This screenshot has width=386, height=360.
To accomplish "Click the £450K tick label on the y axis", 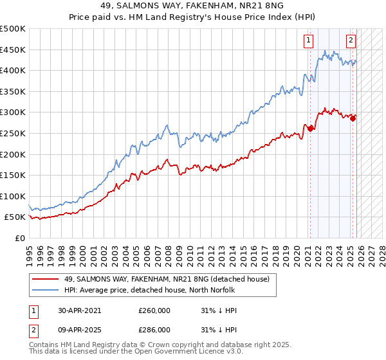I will tap(12, 50).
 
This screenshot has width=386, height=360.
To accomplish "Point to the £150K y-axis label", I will tap(12, 175).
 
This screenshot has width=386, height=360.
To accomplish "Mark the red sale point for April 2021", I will tap(310, 129).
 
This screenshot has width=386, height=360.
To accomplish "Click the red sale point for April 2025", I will tap(353, 118).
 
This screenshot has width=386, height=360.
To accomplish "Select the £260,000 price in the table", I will tap(154, 310).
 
